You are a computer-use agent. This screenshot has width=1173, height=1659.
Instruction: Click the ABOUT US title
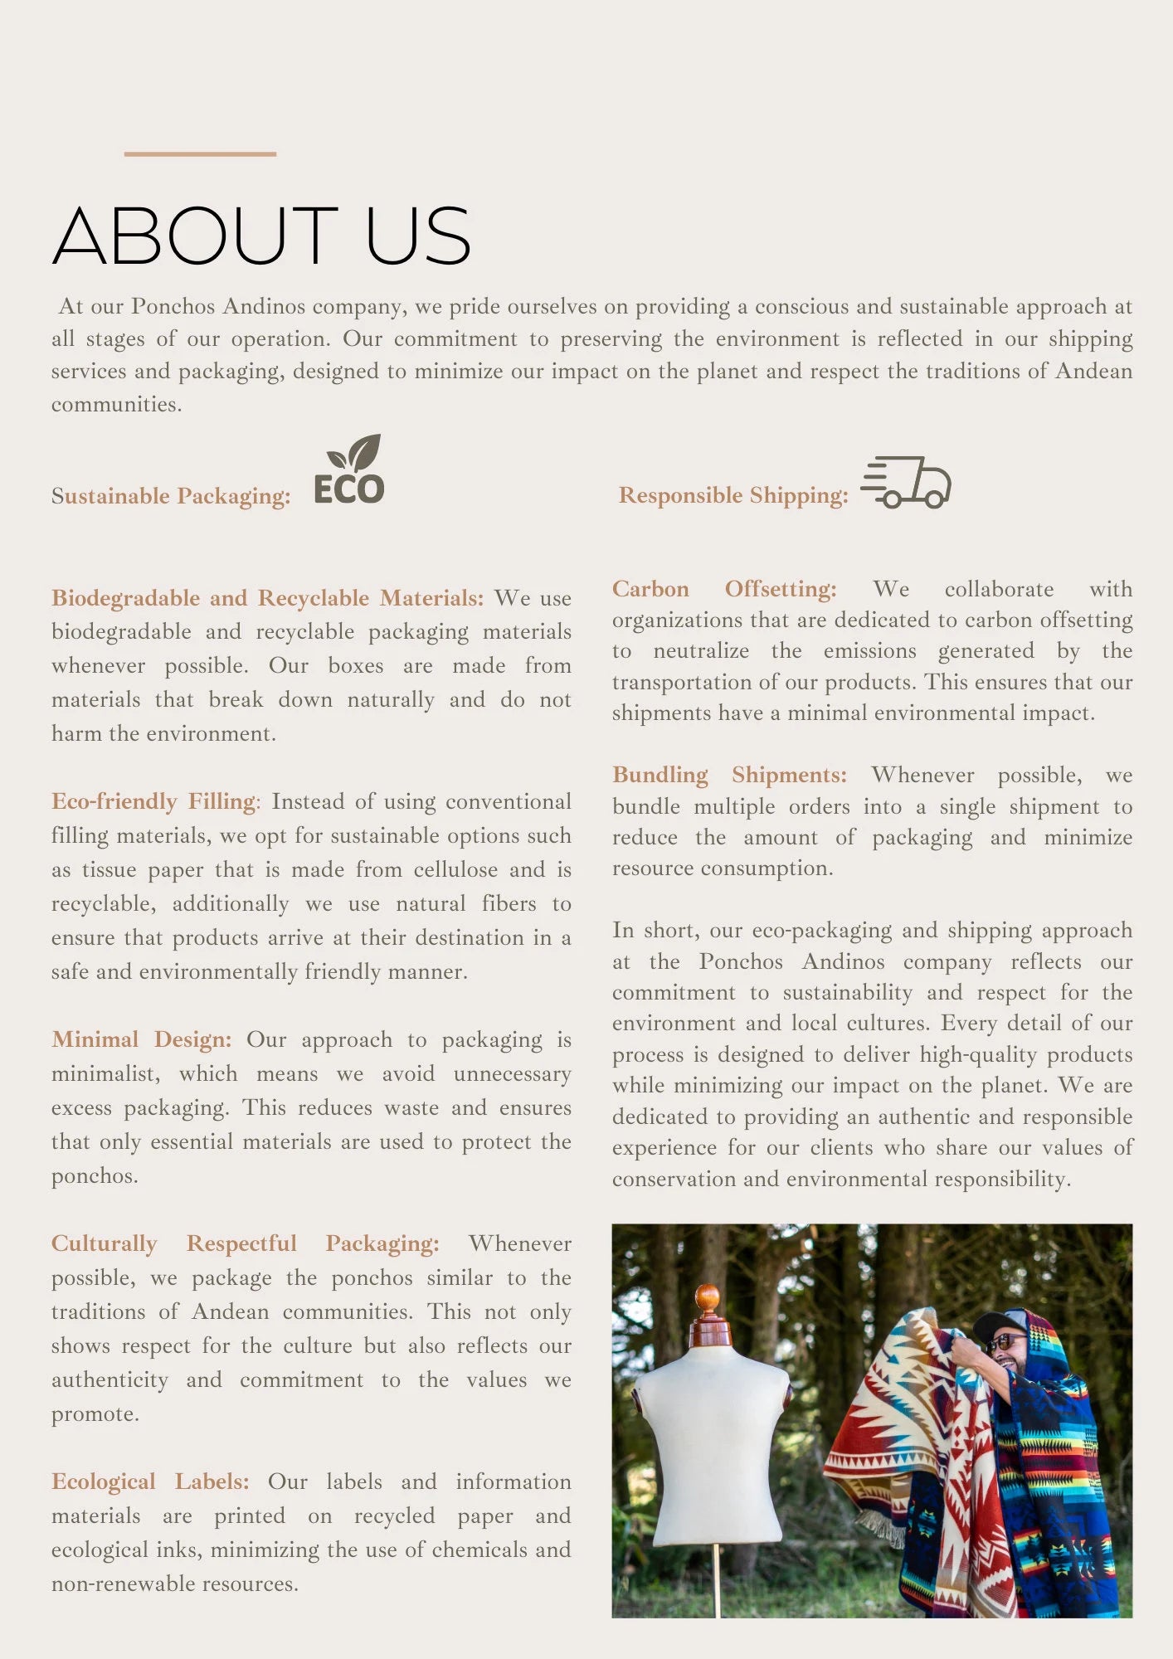click(x=261, y=236)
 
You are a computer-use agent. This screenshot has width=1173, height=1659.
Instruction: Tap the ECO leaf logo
click(x=349, y=471)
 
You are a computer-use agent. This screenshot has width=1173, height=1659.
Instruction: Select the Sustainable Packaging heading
click(x=171, y=496)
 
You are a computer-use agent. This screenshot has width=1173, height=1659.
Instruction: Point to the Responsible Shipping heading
click(x=733, y=495)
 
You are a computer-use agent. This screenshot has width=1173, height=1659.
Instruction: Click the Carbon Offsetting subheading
click(x=723, y=589)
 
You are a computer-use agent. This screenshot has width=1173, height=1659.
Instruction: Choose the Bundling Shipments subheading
click(x=729, y=775)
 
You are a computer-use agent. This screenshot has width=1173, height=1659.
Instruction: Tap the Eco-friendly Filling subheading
click(x=154, y=801)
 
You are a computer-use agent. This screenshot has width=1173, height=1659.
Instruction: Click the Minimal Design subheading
click(x=141, y=1039)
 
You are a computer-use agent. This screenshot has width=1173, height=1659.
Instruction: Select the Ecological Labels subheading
click(x=149, y=1481)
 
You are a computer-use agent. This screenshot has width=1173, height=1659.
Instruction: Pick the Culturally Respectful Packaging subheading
click(x=245, y=1243)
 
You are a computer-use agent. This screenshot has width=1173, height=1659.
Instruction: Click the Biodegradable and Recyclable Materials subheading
click(x=266, y=598)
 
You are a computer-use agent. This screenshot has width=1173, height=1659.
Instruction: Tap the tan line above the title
click(x=200, y=154)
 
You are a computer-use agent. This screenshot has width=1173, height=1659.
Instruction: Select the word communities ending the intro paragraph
click(x=115, y=405)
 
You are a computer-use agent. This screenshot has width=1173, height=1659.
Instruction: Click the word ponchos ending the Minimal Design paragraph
click(x=94, y=1176)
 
